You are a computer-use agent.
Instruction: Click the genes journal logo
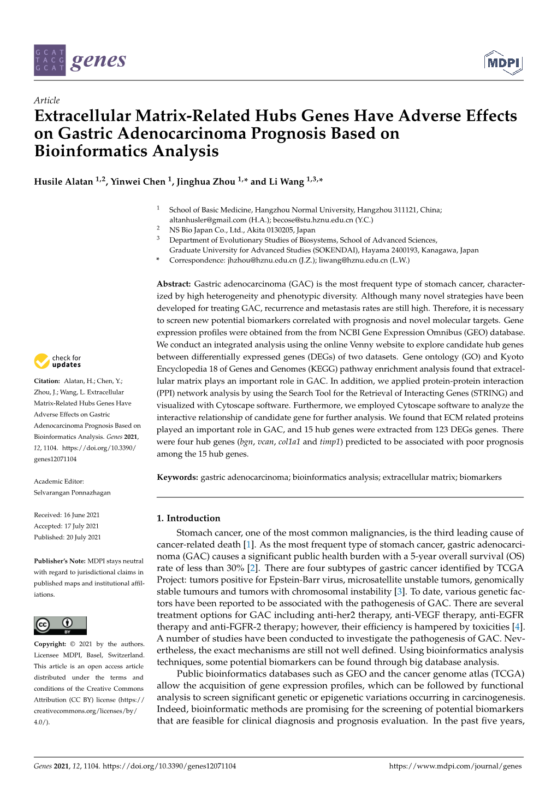click(80, 60)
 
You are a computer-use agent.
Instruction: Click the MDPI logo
click(503, 63)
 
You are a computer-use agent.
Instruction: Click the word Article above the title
click(46, 100)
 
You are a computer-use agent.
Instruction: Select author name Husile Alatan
click(63, 182)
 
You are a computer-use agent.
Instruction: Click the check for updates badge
click(57, 361)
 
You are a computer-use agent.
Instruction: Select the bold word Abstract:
click(174, 284)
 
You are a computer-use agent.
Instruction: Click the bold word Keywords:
click(177, 477)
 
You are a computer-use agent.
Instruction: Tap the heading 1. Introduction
click(188, 518)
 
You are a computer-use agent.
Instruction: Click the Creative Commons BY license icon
click(60, 625)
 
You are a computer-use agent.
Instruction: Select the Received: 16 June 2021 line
click(67, 515)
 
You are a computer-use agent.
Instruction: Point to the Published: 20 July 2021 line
click(67, 537)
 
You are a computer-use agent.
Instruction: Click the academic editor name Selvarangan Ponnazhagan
click(72, 492)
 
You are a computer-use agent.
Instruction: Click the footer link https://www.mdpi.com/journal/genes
click(455, 766)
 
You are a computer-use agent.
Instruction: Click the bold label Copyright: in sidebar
click(50, 644)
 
